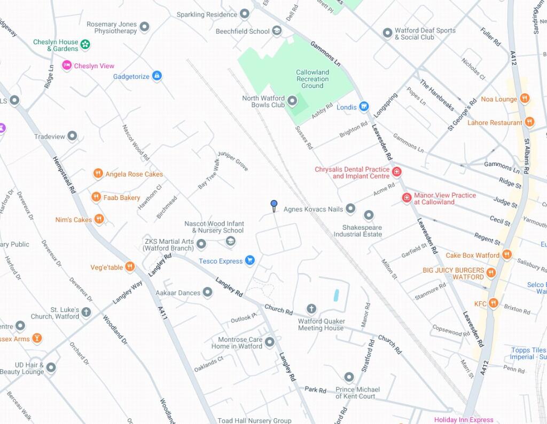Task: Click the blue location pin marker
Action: click(x=274, y=205)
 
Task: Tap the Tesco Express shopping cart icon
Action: click(x=249, y=261)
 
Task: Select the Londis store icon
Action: click(x=364, y=107)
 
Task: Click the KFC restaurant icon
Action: click(x=493, y=303)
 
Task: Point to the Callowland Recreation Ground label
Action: click(x=312, y=79)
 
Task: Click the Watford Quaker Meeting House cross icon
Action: click(x=311, y=309)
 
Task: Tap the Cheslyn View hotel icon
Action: click(x=67, y=66)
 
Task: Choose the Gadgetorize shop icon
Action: click(x=157, y=76)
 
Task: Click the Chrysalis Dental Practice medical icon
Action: click(x=396, y=172)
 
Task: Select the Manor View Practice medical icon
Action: click(x=407, y=198)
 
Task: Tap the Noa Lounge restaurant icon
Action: click(x=525, y=99)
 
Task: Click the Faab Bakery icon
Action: click(x=96, y=197)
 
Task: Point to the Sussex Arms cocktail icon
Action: click(x=36, y=338)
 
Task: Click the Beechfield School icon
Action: click(x=277, y=31)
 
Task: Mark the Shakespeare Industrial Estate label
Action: click(x=358, y=230)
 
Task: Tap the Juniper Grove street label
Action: click(x=233, y=161)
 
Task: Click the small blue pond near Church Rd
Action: click(x=336, y=295)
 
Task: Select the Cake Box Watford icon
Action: click(x=507, y=255)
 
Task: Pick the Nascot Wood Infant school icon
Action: click(x=230, y=242)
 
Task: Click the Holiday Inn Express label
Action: click(x=464, y=420)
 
